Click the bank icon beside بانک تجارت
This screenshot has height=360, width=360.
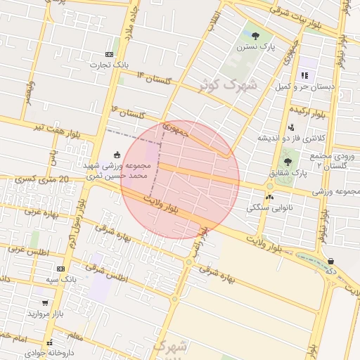(109, 54)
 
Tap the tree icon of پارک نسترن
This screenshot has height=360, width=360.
(255, 35)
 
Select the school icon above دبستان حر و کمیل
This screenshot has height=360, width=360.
(304, 75)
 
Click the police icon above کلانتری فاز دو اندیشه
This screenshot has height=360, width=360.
(291, 127)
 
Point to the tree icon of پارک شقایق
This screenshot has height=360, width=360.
(287, 162)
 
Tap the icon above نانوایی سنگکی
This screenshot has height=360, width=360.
(269, 198)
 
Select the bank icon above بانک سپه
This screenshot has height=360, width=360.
(61, 269)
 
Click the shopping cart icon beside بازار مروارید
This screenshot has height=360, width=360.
(45, 303)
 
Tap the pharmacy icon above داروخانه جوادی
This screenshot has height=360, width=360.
(49, 344)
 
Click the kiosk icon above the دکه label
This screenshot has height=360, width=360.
(330, 261)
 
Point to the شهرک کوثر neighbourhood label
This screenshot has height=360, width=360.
(227, 85)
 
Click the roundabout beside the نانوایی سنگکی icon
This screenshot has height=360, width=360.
(269, 186)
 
